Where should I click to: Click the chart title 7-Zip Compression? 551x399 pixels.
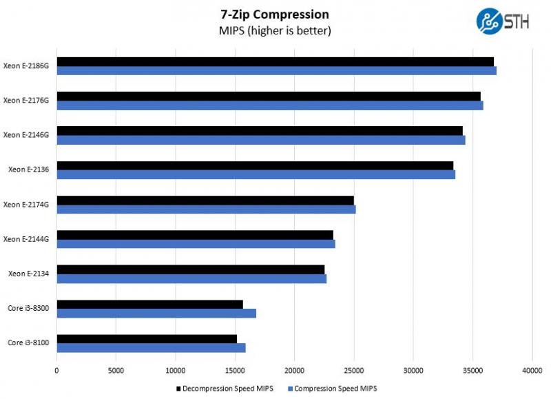pos(275,14)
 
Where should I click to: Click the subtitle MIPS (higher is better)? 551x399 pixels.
pos(275,31)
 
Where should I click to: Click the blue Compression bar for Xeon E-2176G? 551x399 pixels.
pos(269,105)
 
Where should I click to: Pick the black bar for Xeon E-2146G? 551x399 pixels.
pos(259,131)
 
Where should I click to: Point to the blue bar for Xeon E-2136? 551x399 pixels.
pos(256,174)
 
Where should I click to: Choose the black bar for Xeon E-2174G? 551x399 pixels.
pos(205,201)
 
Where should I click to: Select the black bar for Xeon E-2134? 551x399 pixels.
pos(190,269)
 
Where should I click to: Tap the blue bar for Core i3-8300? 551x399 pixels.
pos(156,313)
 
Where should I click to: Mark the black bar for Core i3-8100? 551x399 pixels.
pos(146,338)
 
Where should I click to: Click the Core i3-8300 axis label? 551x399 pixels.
pos(28,308)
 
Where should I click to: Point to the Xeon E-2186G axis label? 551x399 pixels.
pos(26,66)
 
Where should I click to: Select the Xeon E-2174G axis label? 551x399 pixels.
pos(26,205)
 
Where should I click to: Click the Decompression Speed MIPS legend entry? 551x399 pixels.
pos(225,389)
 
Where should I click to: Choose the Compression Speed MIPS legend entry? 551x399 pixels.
pos(335,389)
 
